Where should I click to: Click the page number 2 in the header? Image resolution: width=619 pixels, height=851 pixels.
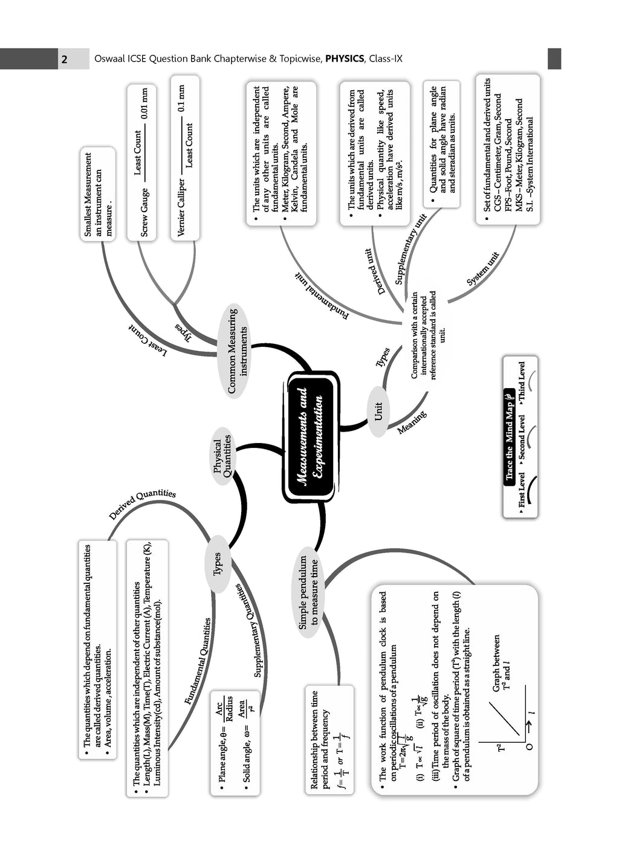65,59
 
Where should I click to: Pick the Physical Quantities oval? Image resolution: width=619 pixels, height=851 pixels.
222,456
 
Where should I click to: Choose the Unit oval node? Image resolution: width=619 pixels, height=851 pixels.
378,412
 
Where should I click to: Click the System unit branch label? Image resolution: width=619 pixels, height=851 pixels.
482,269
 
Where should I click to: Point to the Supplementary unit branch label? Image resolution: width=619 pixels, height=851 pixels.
412,250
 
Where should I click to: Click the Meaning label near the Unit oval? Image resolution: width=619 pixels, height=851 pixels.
412,423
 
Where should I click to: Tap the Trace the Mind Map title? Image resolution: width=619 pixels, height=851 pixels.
510,436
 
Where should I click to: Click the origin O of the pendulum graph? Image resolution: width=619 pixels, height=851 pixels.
530,746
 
